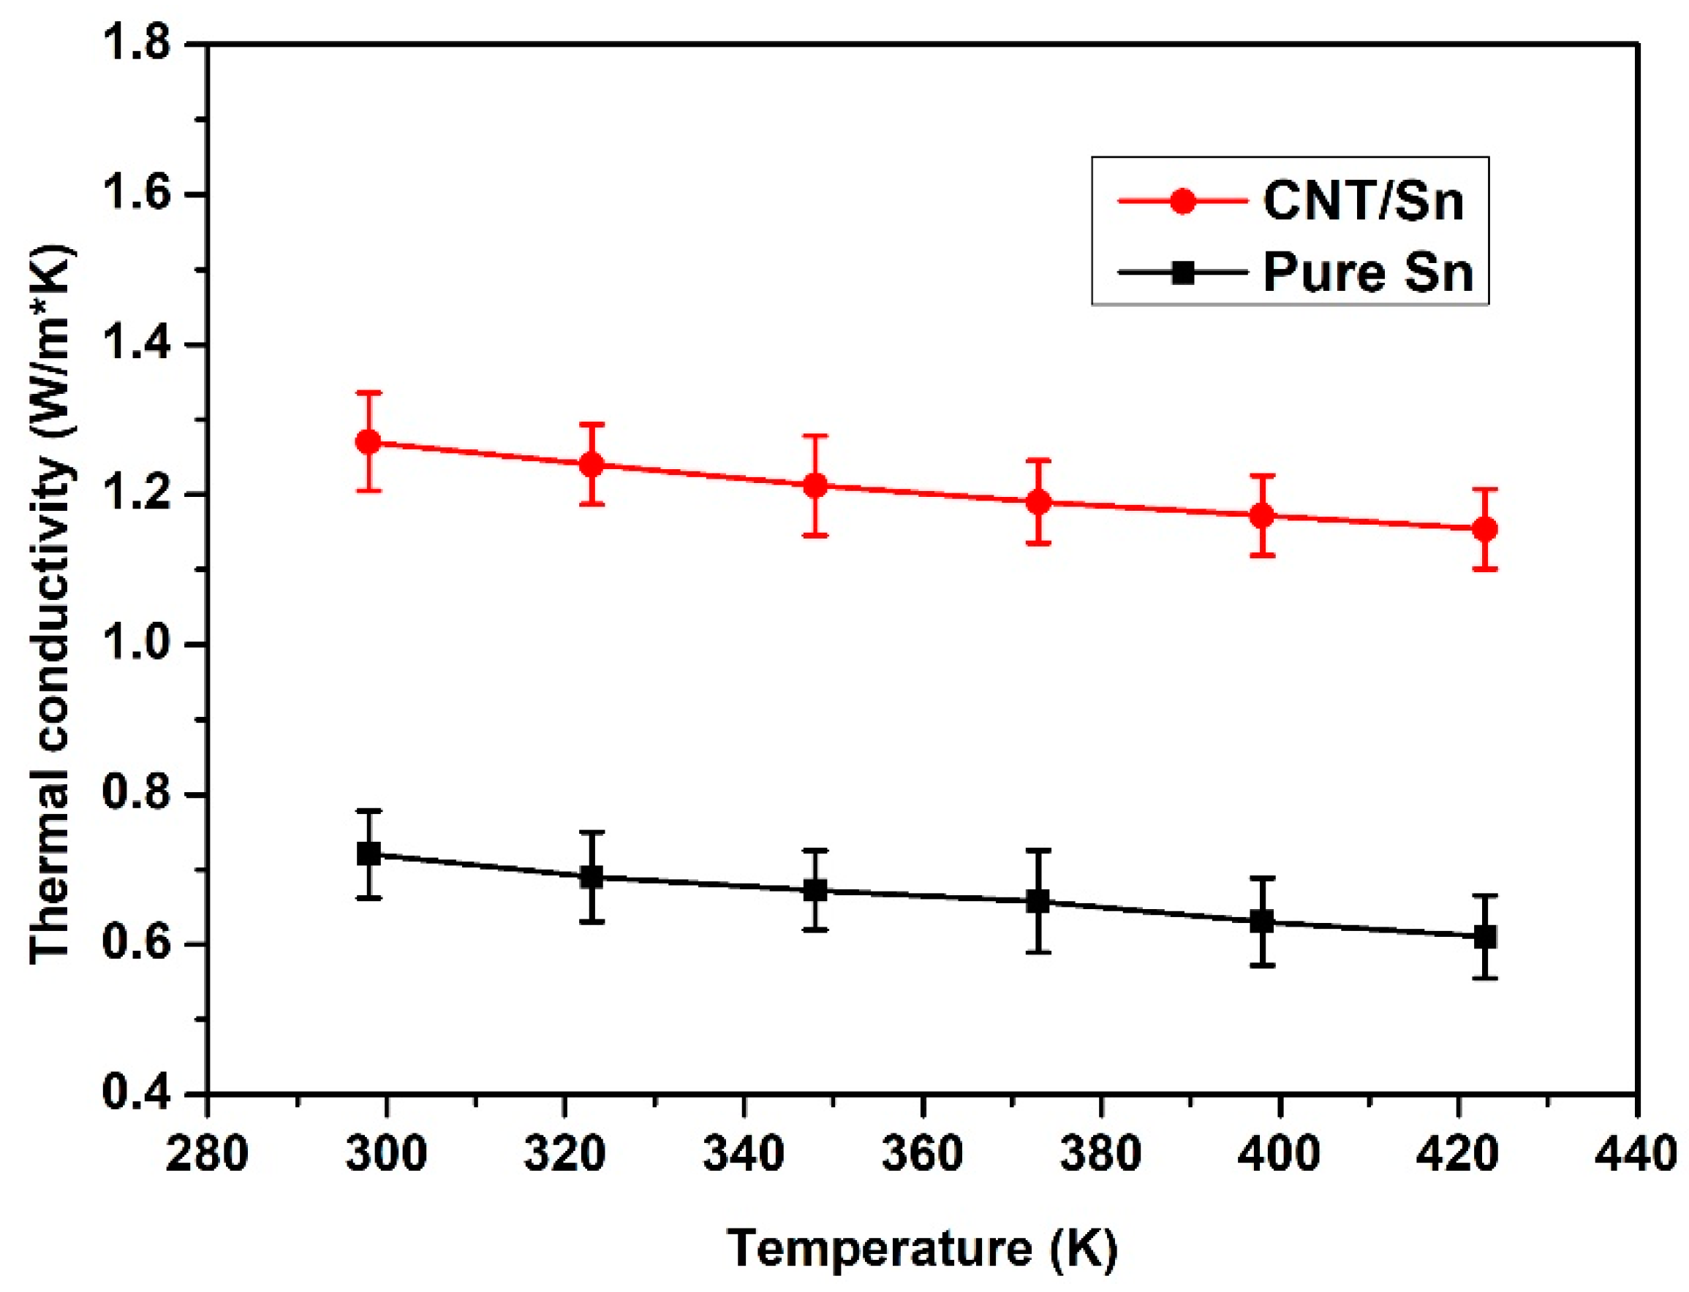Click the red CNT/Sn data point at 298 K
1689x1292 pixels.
pyautogui.click(x=369, y=442)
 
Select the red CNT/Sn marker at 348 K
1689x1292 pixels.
pyautogui.click(x=815, y=485)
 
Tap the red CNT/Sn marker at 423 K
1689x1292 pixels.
pyautogui.click(x=1484, y=529)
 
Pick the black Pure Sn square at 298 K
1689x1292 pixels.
pyautogui.click(x=369, y=854)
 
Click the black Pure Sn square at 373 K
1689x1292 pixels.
pyautogui.click(x=1038, y=901)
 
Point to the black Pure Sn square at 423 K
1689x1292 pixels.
pyautogui.click(x=1484, y=937)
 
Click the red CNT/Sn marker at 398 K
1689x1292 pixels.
pyautogui.click(x=1261, y=515)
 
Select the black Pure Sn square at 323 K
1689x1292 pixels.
pyautogui.click(x=592, y=877)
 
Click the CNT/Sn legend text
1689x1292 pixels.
pyautogui.click(x=1363, y=202)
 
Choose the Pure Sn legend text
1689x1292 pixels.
pyautogui.click(x=1368, y=273)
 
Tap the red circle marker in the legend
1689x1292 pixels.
pyautogui.click(x=1183, y=202)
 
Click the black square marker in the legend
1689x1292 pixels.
pyautogui.click(x=1183, y=273)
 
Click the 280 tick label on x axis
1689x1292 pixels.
pyautogui.click(x=207, y=1155)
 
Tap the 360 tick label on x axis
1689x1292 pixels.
pyautogui.click(x=922, y=1155)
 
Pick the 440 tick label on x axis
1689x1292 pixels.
pyautogui.click(x=1636, y=1155)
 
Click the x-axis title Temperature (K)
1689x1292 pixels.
pyautogui.click(x=922, y=1247)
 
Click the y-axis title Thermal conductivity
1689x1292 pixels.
pyautogui.click(x=53, y=604)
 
